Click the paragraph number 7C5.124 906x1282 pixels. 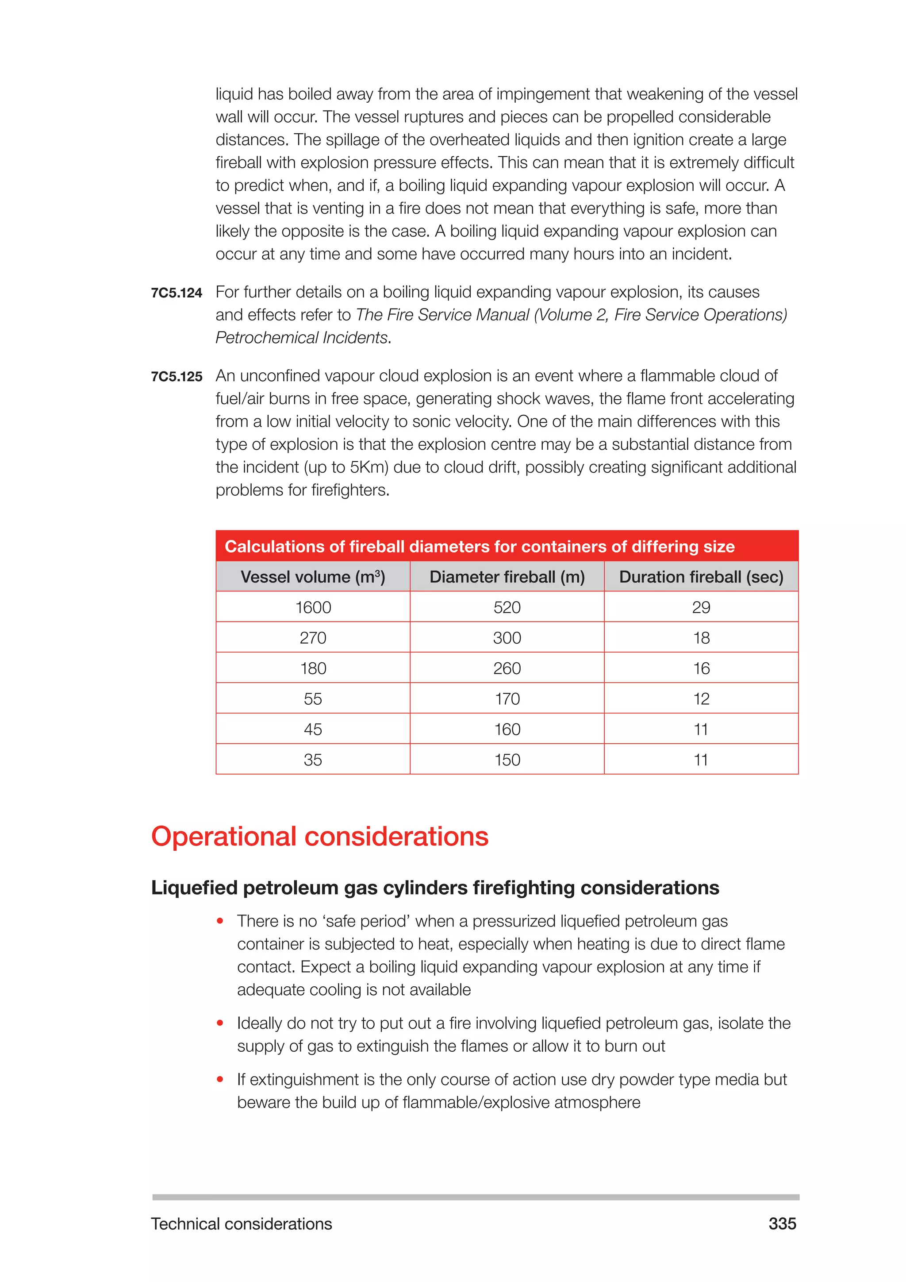[x=177, y=293]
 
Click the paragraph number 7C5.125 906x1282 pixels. [x=177, y=377]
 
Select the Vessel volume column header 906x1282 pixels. [x=313, y=577]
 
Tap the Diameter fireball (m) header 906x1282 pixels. [x=507, y=577]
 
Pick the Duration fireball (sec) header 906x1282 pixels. [x=701, y=577]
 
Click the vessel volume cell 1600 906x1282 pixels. [x=313, y=607]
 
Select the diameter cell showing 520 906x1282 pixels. [x=507, y=607]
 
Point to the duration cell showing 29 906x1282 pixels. [x=701, y=607]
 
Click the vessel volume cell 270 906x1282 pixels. [x=313, y=637]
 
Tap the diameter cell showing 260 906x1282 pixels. [x=507, y=668]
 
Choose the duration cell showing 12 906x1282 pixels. [x=701, y=699]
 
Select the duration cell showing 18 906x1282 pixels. [x=701, y=637]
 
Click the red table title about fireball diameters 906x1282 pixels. [x=479, y=546]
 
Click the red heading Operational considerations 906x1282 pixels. [x=320, y=836]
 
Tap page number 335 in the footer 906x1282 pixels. [x=782, y=1224]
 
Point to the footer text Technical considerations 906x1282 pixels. [x=242, y=1224]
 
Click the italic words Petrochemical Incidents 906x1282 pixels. [x=301, y=338]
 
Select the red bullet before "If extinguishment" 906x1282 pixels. [x=220, y=1079]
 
